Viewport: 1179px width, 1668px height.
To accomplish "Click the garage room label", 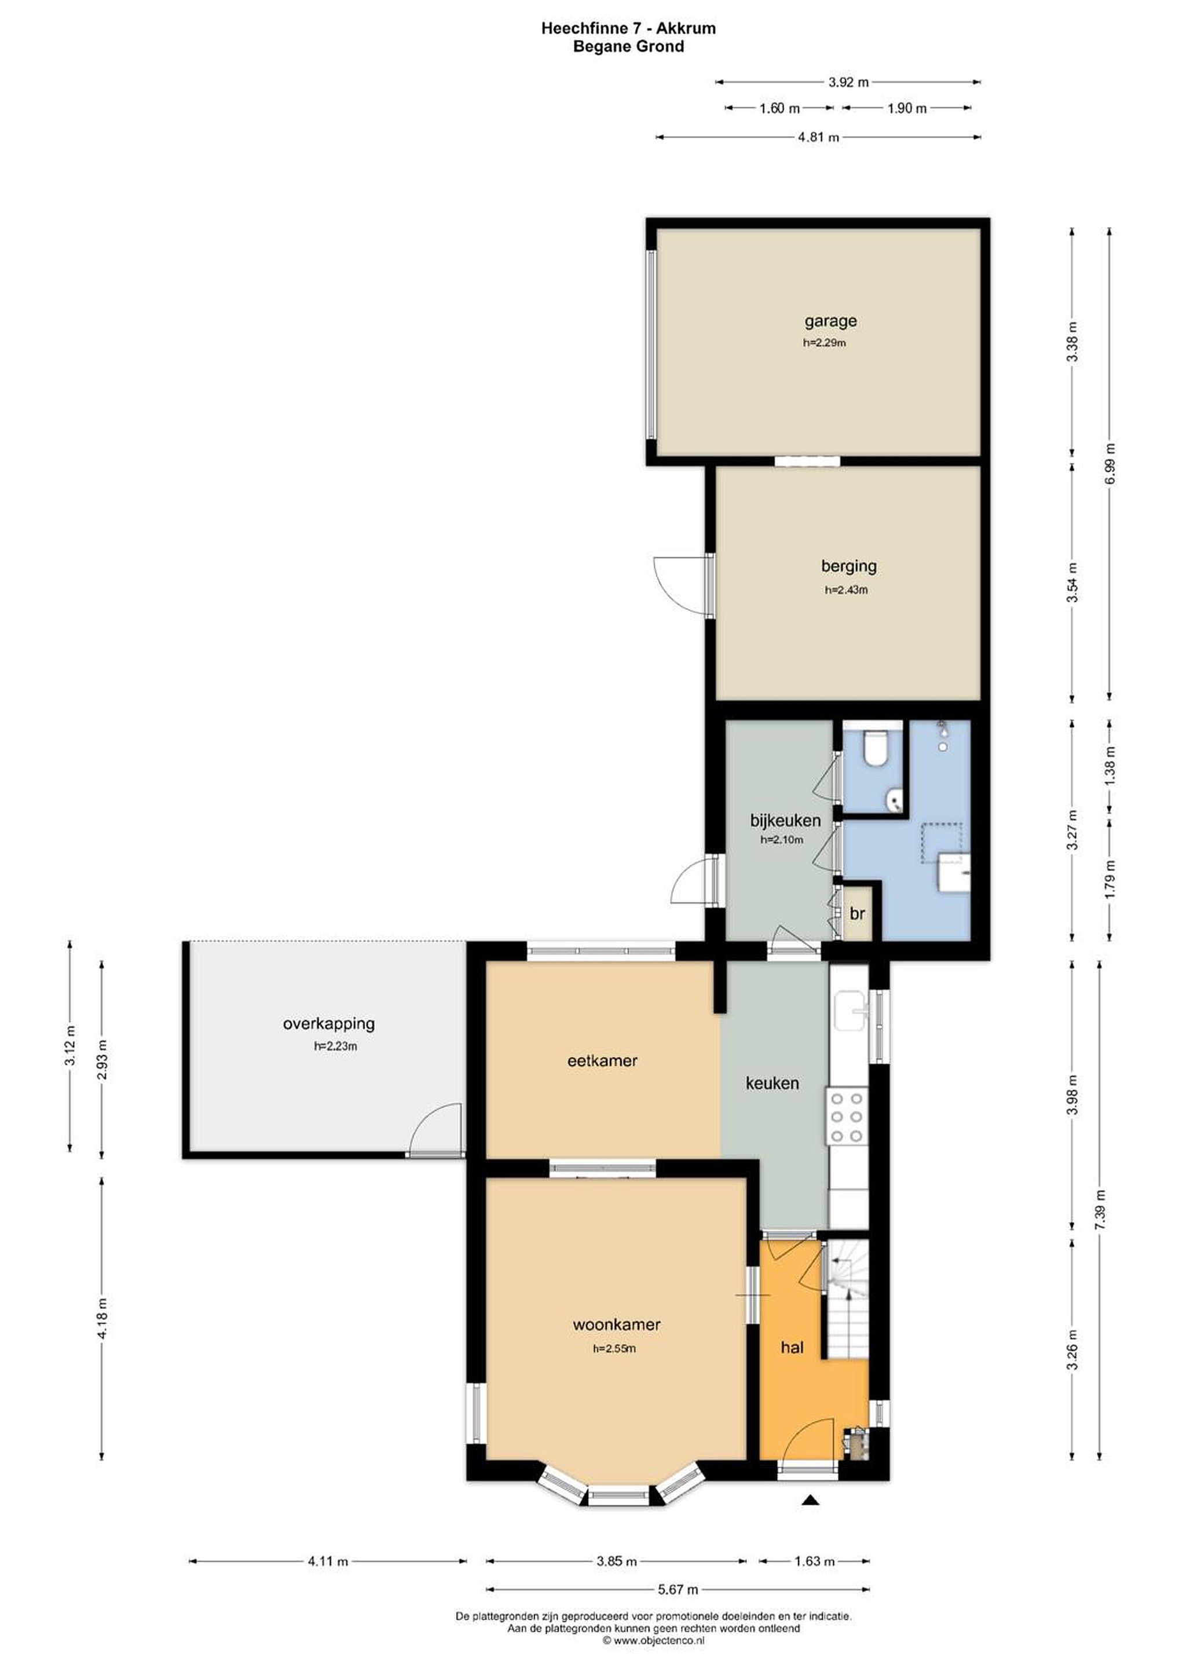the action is coord(830,320).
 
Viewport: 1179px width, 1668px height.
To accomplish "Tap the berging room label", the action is coord(848,565).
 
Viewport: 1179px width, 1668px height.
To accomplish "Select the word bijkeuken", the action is coord(785,820).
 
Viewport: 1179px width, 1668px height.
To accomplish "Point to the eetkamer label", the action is coord(602,1060).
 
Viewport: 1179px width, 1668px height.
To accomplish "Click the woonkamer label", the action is coord(617,1325).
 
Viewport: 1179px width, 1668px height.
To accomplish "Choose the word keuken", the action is coord(772,1083).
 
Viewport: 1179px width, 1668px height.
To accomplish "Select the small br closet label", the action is coord(857,913).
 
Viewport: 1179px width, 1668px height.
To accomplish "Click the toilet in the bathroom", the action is coord(874,748).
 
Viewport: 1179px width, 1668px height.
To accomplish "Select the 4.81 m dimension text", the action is coord(819,137).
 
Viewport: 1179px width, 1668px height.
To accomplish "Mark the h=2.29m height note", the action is coord(825,343).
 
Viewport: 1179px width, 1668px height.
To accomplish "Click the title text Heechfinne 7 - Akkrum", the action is coord(628,28).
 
